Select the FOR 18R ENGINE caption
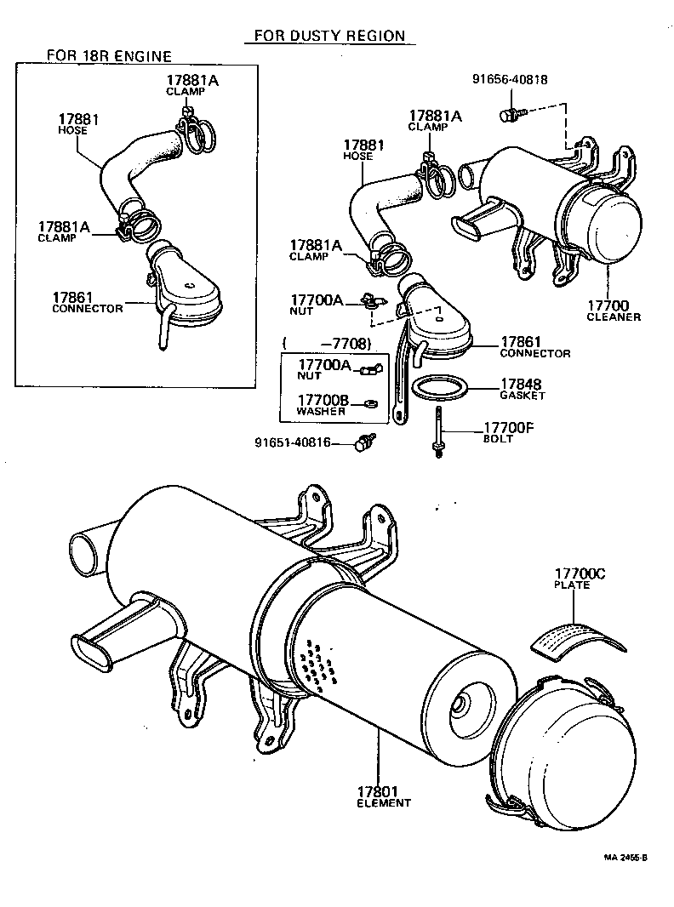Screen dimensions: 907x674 tap(108, 56)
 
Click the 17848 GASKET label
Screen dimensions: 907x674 tap(522, 389)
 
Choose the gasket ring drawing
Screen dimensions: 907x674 tap(441, 388)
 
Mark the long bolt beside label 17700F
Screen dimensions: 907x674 tap(438, 432)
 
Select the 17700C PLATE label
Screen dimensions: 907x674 tap(580, 579)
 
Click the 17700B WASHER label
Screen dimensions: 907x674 tap(321, 404)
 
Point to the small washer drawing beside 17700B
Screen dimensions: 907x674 tap(371, 402)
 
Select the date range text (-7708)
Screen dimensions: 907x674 tap(328, 343)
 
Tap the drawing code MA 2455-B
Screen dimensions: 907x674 tap(625, 858)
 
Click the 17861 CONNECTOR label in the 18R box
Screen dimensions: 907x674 tap(87, 301)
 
